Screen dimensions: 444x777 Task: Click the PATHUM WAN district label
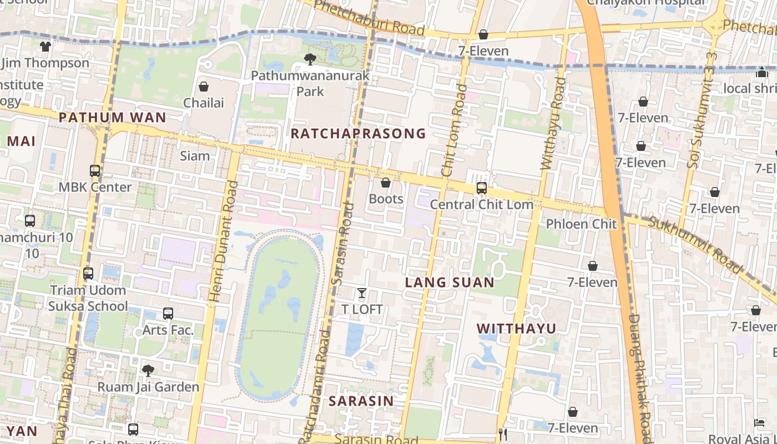click(x=112, y=117)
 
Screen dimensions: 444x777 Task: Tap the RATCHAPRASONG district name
click(x=359, y=133)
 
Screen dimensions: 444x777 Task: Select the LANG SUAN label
click(x=450, y=282)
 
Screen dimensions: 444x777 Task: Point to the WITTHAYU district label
click(x=516, y=328)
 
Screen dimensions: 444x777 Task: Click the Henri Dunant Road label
click(x=224, y=241)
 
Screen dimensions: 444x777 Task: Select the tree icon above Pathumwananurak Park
click(x=310, y=58)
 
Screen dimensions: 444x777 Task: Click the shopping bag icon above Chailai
click(x=204, y=87)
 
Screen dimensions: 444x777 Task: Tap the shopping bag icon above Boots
click(x=386, y=183)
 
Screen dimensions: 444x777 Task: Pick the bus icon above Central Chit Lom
click(x=482, y=188)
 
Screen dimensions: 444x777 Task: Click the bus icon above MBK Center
click(x=95, y=171)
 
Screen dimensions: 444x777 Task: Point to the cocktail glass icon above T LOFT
click(x=362, y=293)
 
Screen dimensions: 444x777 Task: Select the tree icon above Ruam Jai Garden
click(x=148, y=370)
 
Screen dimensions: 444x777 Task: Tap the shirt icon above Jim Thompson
click(x=45, y=47)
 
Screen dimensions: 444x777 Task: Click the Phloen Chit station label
click(x=581, y=224)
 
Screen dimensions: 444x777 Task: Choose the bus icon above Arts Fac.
click(x=168, y=314)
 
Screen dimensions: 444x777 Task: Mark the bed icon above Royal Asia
click(x=759, y=423)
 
